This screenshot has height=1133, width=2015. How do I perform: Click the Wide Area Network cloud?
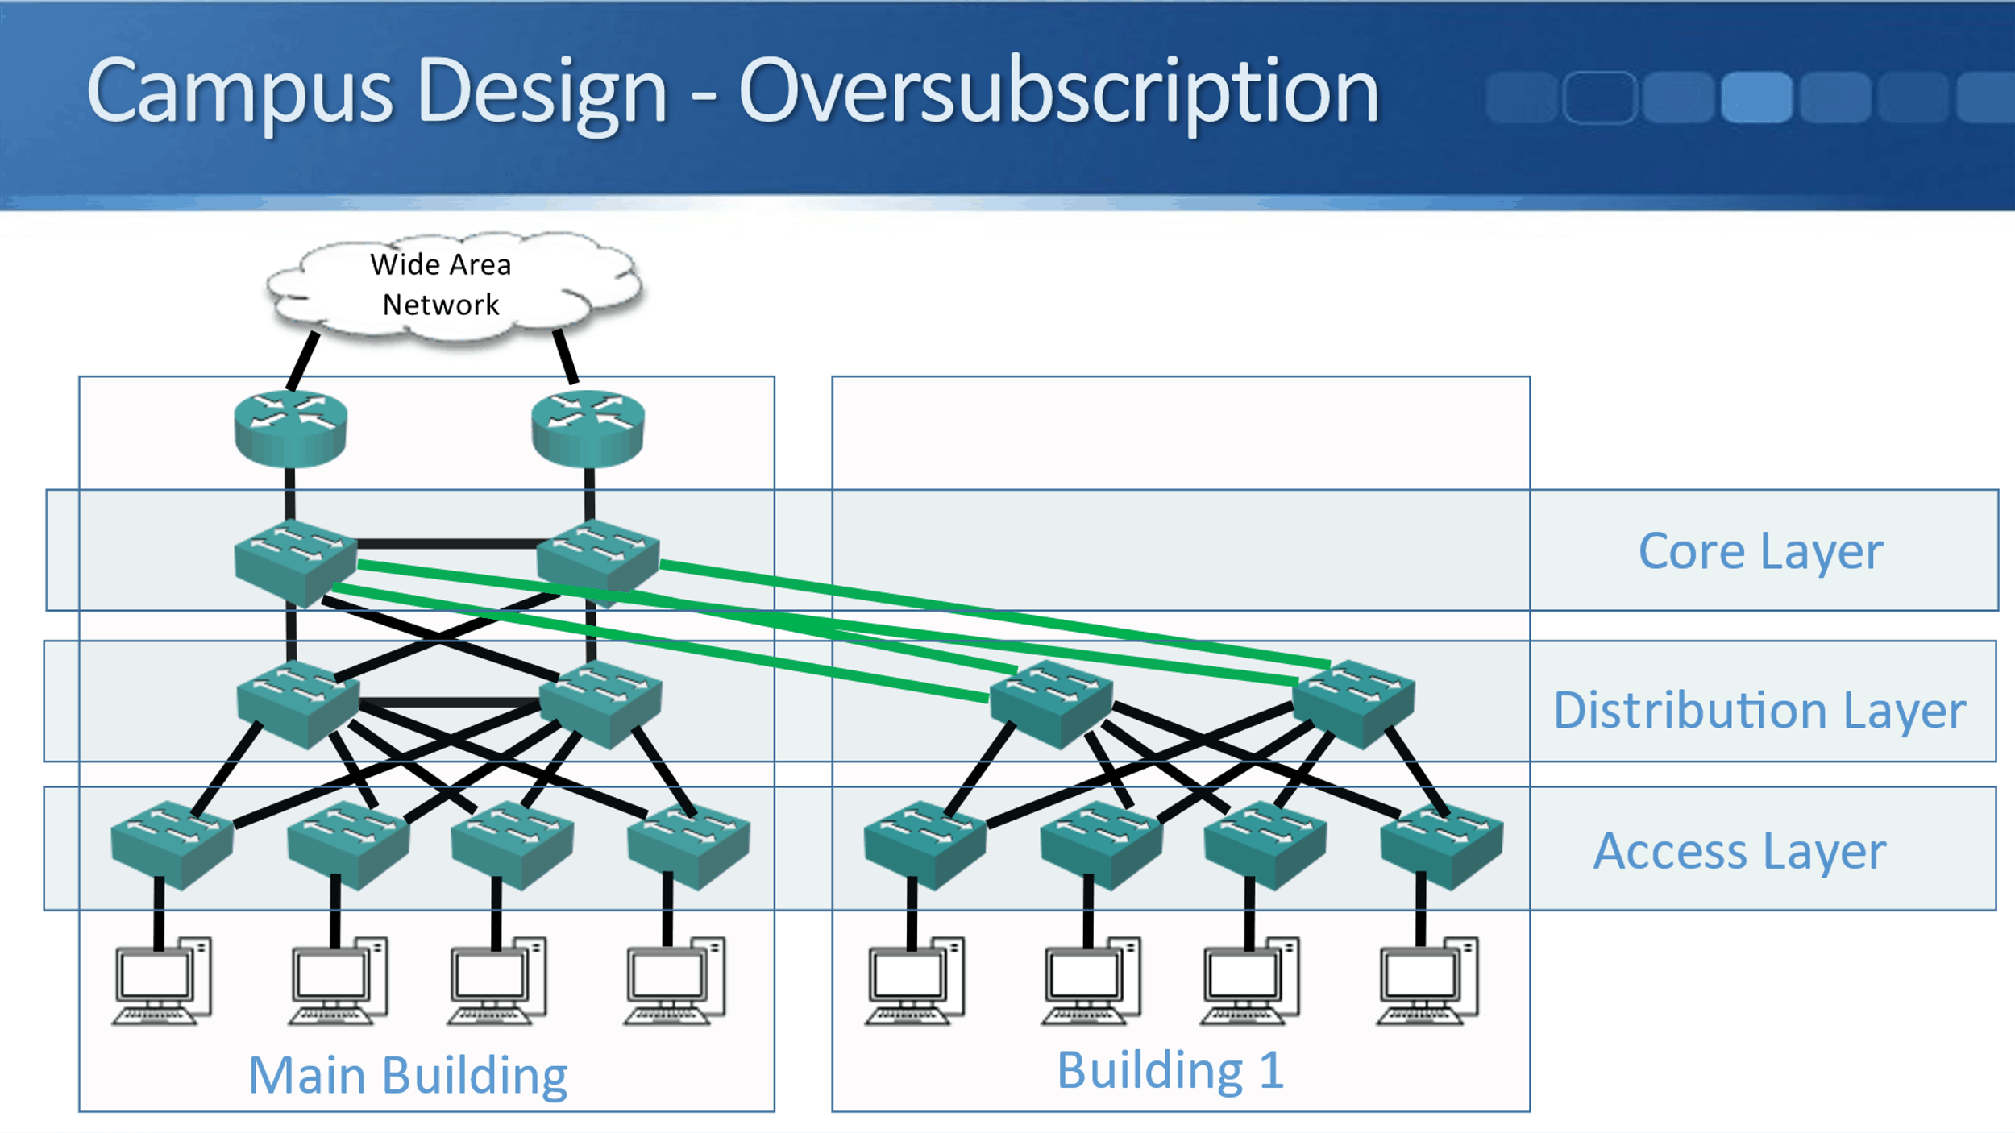tap(451, 286)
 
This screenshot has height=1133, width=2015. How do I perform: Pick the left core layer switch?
tap(295, 562)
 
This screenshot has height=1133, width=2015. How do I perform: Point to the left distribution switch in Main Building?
tap(297, 703)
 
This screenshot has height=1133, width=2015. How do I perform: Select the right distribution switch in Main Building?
tap(600, 703)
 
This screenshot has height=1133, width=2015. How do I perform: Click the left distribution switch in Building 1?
tap(1051, 703)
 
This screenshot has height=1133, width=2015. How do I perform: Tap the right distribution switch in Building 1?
tap(1353, 703)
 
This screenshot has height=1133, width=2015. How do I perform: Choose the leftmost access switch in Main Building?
tap(172, 845)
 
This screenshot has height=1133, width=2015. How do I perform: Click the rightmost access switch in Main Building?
tap(688, 845)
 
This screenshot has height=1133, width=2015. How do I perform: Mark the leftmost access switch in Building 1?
tap(924, 845)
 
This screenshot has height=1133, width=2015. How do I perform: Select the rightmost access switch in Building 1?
tap(1441, 845)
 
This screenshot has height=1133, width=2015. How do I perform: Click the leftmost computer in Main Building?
tap(162, 981)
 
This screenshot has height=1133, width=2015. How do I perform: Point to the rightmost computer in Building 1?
tap(1427, 981)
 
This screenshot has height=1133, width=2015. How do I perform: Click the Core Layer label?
tap(1760, 552)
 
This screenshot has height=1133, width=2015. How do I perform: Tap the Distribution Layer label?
tap(1759, 711)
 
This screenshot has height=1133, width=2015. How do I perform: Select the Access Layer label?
tap(1739, 852)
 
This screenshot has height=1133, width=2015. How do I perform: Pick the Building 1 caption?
tap(1170, 1071)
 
